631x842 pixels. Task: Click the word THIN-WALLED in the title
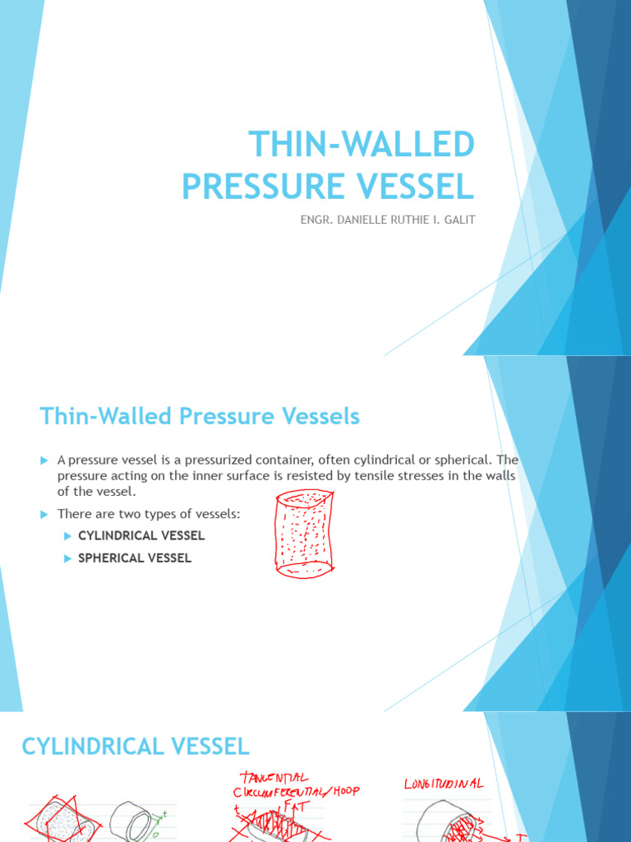coord(362,145)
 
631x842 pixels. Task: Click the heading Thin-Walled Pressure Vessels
coord(200,417)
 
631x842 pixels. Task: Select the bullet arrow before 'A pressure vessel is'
coord(44,460)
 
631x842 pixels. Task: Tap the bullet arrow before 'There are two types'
coord(44,514)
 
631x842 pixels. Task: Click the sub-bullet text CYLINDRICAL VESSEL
coord(141,536)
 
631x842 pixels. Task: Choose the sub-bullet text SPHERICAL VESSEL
coord(135,558)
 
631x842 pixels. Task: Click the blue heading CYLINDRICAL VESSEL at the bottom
coord(135,747)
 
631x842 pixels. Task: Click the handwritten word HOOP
coord(343,793)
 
